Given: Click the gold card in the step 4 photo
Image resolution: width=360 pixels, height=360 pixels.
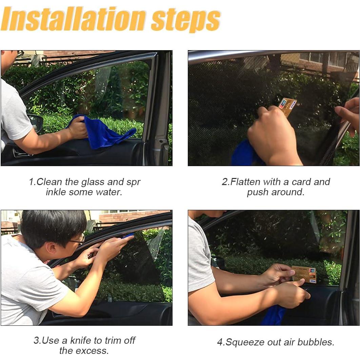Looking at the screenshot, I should point(304,274).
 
